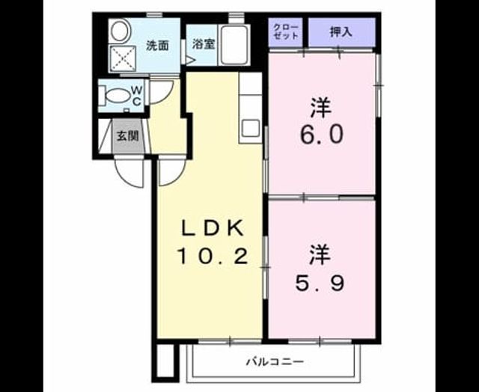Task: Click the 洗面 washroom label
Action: coord(157,46)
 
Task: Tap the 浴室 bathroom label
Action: coord(203,44)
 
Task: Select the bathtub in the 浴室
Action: coord(234,45)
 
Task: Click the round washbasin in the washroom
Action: coord(119,31)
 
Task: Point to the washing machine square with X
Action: coord(123,58)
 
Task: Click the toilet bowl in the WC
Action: coord(118,97)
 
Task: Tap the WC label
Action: coord(136,96)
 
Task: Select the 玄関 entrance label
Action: coord(128,136)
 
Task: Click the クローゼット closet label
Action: coord(286,31)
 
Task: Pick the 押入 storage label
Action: coord(341,31)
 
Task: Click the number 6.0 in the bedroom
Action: coord(321,135)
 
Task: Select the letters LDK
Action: coord(213,228)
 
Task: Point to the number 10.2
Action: coord(213,256)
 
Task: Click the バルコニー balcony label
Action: coord(275,362)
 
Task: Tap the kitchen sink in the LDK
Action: coord(250,129)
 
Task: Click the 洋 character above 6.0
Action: coord(321,108)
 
